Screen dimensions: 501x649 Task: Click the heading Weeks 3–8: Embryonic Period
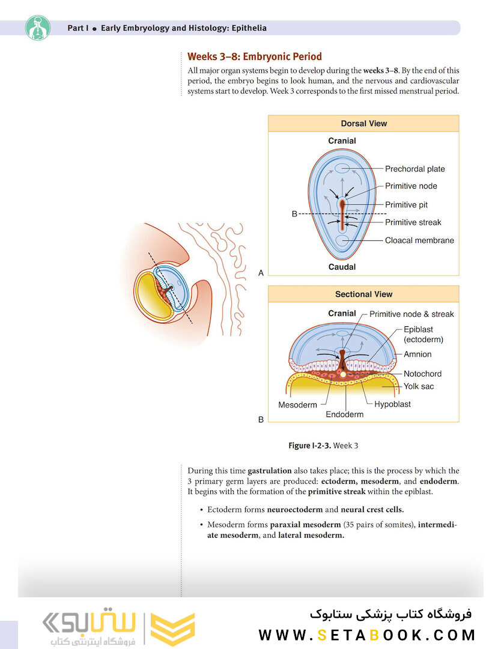pos(255,56)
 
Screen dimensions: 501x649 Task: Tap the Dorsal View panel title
pos(363,123)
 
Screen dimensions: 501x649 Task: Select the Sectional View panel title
pos(363,294)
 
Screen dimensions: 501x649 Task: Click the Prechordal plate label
pos(415,169)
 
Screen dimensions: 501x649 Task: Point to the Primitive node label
pos(411,186)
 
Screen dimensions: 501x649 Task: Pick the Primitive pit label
pos(406,205)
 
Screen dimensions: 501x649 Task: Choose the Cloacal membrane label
pos(419,240)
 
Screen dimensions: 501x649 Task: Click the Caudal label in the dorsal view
pos(342,267)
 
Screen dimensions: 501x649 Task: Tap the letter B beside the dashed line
pos(294,214)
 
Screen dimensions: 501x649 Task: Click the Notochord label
pos(422,374)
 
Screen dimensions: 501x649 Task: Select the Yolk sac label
pos(419,386)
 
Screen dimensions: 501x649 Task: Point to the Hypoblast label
pos(393,404)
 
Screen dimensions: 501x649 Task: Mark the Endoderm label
pos(345,414)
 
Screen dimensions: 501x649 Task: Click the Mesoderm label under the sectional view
pos(297,405)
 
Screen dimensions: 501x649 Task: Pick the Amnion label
pos(417,355)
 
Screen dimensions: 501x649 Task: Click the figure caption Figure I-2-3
pos(323,446)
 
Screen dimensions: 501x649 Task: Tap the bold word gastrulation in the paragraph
pos(270,471)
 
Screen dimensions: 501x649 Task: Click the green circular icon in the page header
pos(38,28)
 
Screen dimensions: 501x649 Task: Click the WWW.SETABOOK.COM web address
pos(367,635)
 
